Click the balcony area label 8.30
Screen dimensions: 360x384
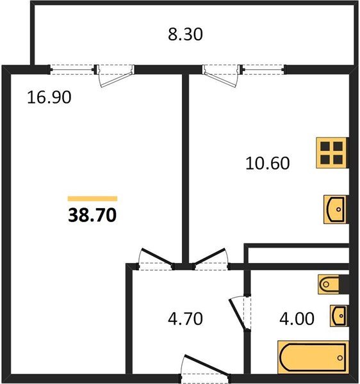point(185,35)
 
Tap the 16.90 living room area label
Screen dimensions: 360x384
point(49,97)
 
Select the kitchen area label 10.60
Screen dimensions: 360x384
point(267,163)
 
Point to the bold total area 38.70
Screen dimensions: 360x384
point(92,215)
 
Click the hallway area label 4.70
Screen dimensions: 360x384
point(185,319)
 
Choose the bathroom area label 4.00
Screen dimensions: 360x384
point(297,319)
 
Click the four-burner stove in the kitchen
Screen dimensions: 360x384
point(331,153)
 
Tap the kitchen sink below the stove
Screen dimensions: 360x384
point(335,209)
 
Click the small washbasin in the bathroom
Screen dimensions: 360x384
point(338,316)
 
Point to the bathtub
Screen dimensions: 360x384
point(313,358)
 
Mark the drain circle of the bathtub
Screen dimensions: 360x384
point(340,358)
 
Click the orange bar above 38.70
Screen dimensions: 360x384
point(92,198)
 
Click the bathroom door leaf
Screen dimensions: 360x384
point(238,314)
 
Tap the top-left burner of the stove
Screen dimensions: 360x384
point(325,146)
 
